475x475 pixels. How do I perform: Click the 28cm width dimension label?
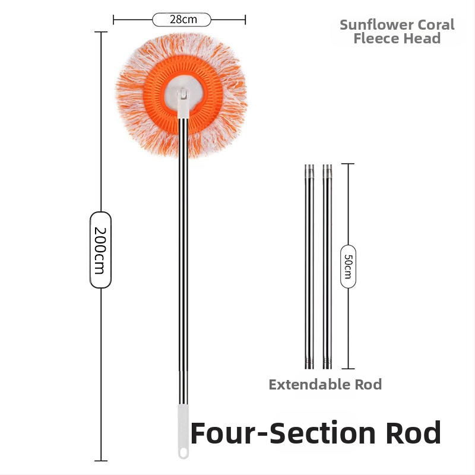182,20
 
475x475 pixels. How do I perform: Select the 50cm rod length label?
349,266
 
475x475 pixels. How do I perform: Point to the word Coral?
436,25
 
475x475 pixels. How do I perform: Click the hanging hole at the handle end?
183,454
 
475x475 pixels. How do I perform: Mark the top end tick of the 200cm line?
101,32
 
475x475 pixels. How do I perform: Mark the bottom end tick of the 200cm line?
101,461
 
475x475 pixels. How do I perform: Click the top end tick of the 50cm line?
348,164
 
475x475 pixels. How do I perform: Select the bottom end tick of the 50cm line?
348,369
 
